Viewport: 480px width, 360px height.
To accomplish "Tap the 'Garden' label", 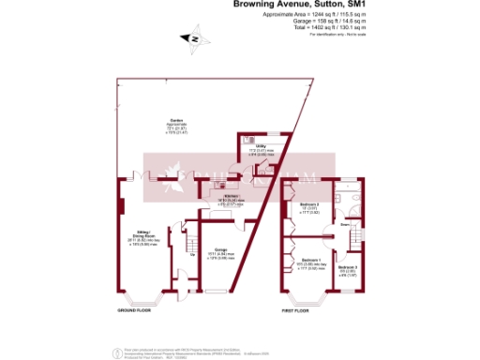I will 174,120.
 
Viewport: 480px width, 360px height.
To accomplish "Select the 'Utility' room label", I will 259,145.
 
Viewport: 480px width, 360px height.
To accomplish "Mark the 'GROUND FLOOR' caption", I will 134,309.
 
